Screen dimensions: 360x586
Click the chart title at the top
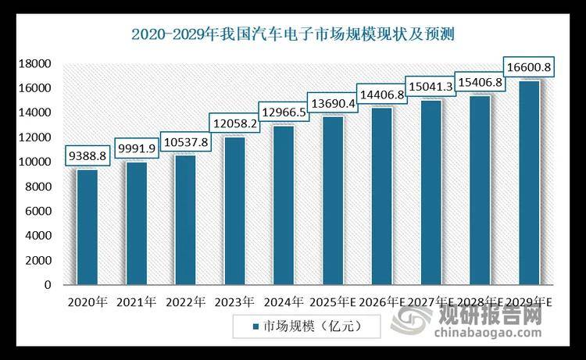coord(293,34)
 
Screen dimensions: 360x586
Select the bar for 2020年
coord(87,227)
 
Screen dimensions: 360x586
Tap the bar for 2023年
coord(234,211)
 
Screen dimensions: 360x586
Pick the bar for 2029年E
coord(530,183)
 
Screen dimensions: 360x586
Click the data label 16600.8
coord(530,68)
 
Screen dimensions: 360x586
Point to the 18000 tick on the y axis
coord(34,64)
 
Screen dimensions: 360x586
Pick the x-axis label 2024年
coord(284,301)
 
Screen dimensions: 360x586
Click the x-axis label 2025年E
coord(333,301)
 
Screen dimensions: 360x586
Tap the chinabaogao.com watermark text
coord(488,337)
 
